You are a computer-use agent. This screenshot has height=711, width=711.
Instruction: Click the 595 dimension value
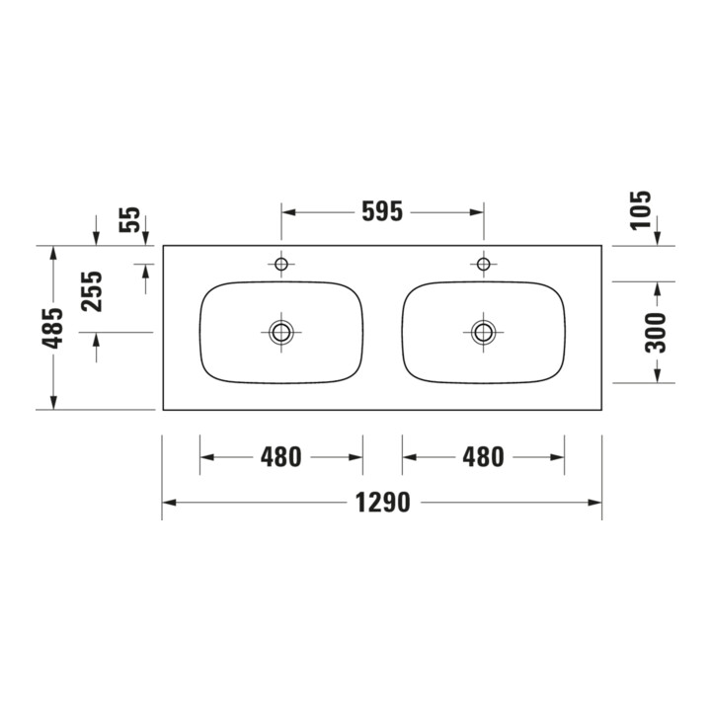click(382, 211)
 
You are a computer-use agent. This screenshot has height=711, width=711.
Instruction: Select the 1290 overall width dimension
click(383, 503)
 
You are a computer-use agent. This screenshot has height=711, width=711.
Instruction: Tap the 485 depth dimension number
click(53, 328)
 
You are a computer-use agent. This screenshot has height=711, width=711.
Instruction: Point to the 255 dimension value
click(92, 291)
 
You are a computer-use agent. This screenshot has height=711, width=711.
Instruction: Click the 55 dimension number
click(130, 219)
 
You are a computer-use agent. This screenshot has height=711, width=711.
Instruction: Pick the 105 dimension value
click(641, 211)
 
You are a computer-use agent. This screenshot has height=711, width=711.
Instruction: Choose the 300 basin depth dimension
click(656, 333)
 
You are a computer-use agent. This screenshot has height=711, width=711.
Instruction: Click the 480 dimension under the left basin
click(280, 457)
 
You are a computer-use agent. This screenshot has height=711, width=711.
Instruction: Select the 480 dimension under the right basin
click(483, 457)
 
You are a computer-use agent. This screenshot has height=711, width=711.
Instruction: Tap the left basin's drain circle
click(281, 333)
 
